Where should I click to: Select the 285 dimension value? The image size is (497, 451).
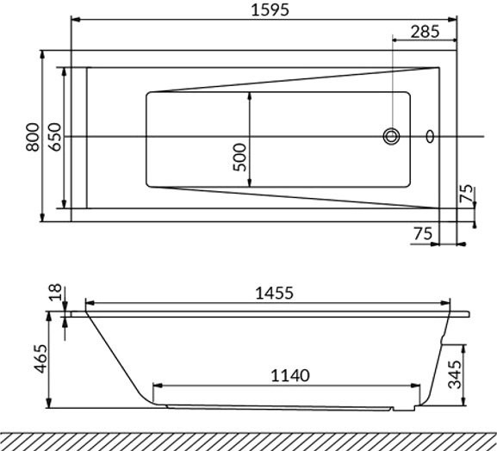tap(425, 31)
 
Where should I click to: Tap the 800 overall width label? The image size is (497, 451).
tap(32, 136)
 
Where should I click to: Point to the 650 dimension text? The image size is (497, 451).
tap(53, 136)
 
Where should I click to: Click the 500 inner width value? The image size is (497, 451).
tap(240, 157)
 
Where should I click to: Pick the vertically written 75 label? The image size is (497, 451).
tap(466, 194)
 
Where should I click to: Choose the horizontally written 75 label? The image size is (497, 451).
tap(422, 234)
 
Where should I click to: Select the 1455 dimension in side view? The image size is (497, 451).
tap(274, 293)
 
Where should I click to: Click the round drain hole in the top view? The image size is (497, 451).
tap(392, 136)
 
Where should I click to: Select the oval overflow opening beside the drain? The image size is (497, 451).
tap(431, 136)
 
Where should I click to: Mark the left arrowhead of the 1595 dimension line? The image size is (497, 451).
tap(74, 19)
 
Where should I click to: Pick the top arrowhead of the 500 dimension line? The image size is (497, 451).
tap(250, 96)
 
